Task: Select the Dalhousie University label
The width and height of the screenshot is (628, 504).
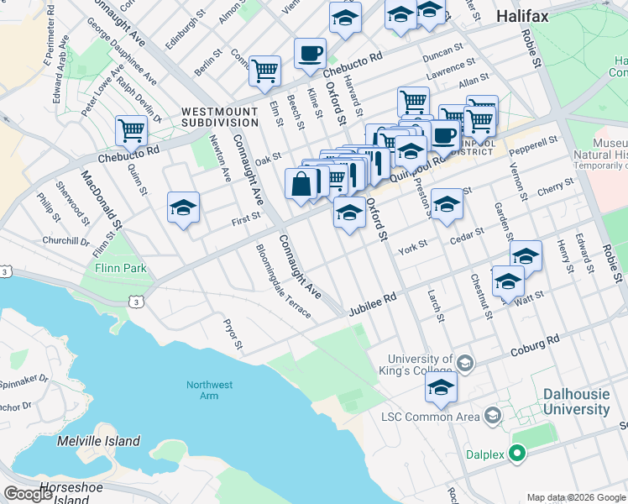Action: [576, 402]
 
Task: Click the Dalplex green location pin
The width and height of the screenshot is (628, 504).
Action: [518, 454]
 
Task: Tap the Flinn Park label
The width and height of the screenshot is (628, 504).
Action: [127, 268]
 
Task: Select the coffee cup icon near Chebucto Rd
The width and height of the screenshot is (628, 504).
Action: [310, 55]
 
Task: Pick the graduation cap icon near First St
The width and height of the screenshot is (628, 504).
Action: [182, 208]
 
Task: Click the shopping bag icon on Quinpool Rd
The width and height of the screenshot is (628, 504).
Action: [301, 184]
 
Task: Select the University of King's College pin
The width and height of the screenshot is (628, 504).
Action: [465, 363]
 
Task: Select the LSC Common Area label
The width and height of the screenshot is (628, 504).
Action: [429, 416]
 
